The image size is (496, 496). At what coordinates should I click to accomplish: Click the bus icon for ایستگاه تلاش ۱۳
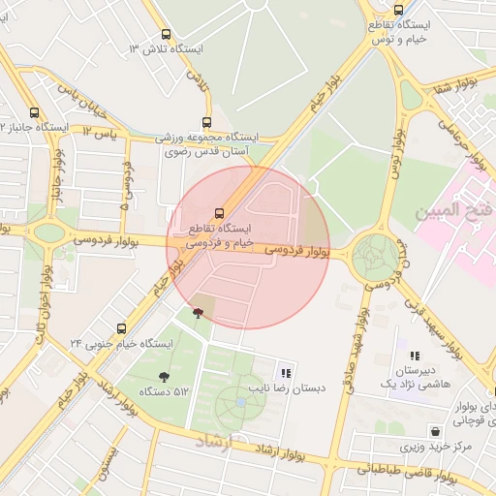coord(165,36)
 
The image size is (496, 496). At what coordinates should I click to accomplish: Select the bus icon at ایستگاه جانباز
coord(36,112)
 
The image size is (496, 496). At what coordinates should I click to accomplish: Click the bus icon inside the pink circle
coord(219,213)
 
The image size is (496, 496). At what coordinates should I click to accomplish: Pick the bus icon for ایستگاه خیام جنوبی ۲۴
coord(121,328)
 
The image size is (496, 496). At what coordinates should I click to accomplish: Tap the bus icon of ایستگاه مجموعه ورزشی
coord(205,121)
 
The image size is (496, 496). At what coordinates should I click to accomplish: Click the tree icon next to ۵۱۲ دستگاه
coord(163,377)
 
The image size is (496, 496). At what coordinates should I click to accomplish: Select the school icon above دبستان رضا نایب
coord(285,372)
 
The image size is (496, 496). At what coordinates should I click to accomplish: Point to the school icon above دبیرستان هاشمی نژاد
coord(415,356)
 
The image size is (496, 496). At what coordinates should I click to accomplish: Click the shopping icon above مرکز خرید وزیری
coord(435,430)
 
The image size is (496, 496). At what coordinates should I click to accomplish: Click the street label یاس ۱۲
coord(100,131)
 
